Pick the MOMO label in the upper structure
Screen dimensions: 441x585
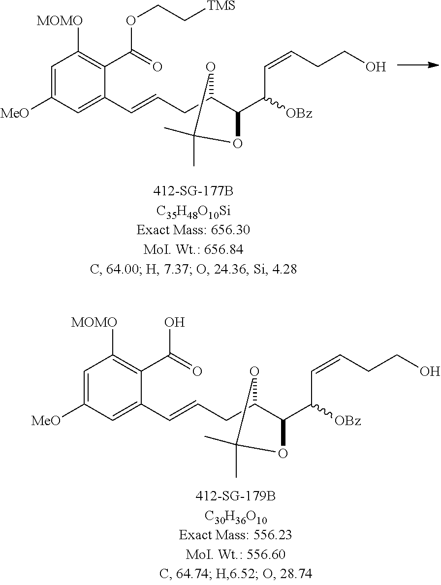pyautogui.click(x=60, y=21)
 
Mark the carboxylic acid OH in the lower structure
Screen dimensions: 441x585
pyautogui.click(x=174, y=323)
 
